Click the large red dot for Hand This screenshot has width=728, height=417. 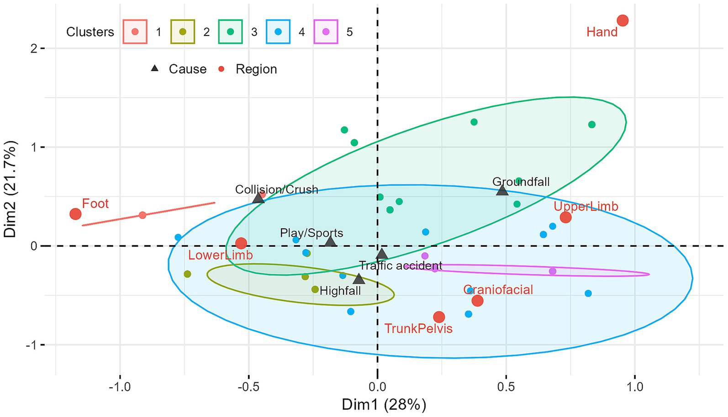pyautogui.click(x=622, y=21)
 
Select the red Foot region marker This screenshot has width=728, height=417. pyautogui.click(x=75, y=214)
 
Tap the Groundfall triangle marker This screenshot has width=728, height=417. pyautogui.click(x=502, y=191)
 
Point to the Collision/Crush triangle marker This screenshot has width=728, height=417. pyautogui.click(x=258, y=198)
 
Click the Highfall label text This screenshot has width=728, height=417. pyautogui.click(x=340, y=291)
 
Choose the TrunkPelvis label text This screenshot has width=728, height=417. pyautogui.click(x=418, y=328)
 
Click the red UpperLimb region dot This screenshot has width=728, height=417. pyautogui.click(x=565, y=217)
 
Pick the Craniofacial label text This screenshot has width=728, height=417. pyautogui.click(x=498, y=290)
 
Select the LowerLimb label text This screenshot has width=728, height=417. pyautogui.click(x=221, y=255)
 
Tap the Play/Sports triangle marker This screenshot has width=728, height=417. pyautogui.click(x=331, y=242)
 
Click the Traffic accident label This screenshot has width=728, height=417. pyautogui.click(x=401, y=266)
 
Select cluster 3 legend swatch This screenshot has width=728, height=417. pyautogui.click(x=230, y=32)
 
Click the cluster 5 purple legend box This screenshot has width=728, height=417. pyautogui.click(x=326, y=32)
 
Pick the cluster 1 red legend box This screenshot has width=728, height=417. pyautogui.click(x=135, y=32)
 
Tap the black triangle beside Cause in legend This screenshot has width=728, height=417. pyautogui.click(x=155, y=69)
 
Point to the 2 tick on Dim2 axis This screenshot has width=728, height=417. pyautogui.click(x=34, y=48)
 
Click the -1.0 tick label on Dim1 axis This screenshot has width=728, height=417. pyautogui.click(x=120, y=387)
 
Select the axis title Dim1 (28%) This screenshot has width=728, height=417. pyautogui.click(x=384, y=405)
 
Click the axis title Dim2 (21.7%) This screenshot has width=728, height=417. pyautogui.click(x=11, y=189)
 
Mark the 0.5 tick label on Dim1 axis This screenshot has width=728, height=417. pyautogui.click(x=506, y=387)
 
